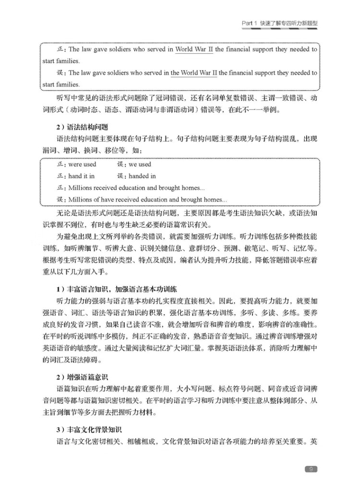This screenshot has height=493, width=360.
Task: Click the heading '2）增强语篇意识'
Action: click(86, 377)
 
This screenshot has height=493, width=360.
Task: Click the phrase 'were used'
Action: click(83, 164)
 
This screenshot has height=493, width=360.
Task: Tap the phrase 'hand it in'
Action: click(82, 176)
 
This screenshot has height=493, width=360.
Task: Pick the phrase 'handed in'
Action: click(142, 176)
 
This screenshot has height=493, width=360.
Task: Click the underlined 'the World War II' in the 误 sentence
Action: click(194, 73)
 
